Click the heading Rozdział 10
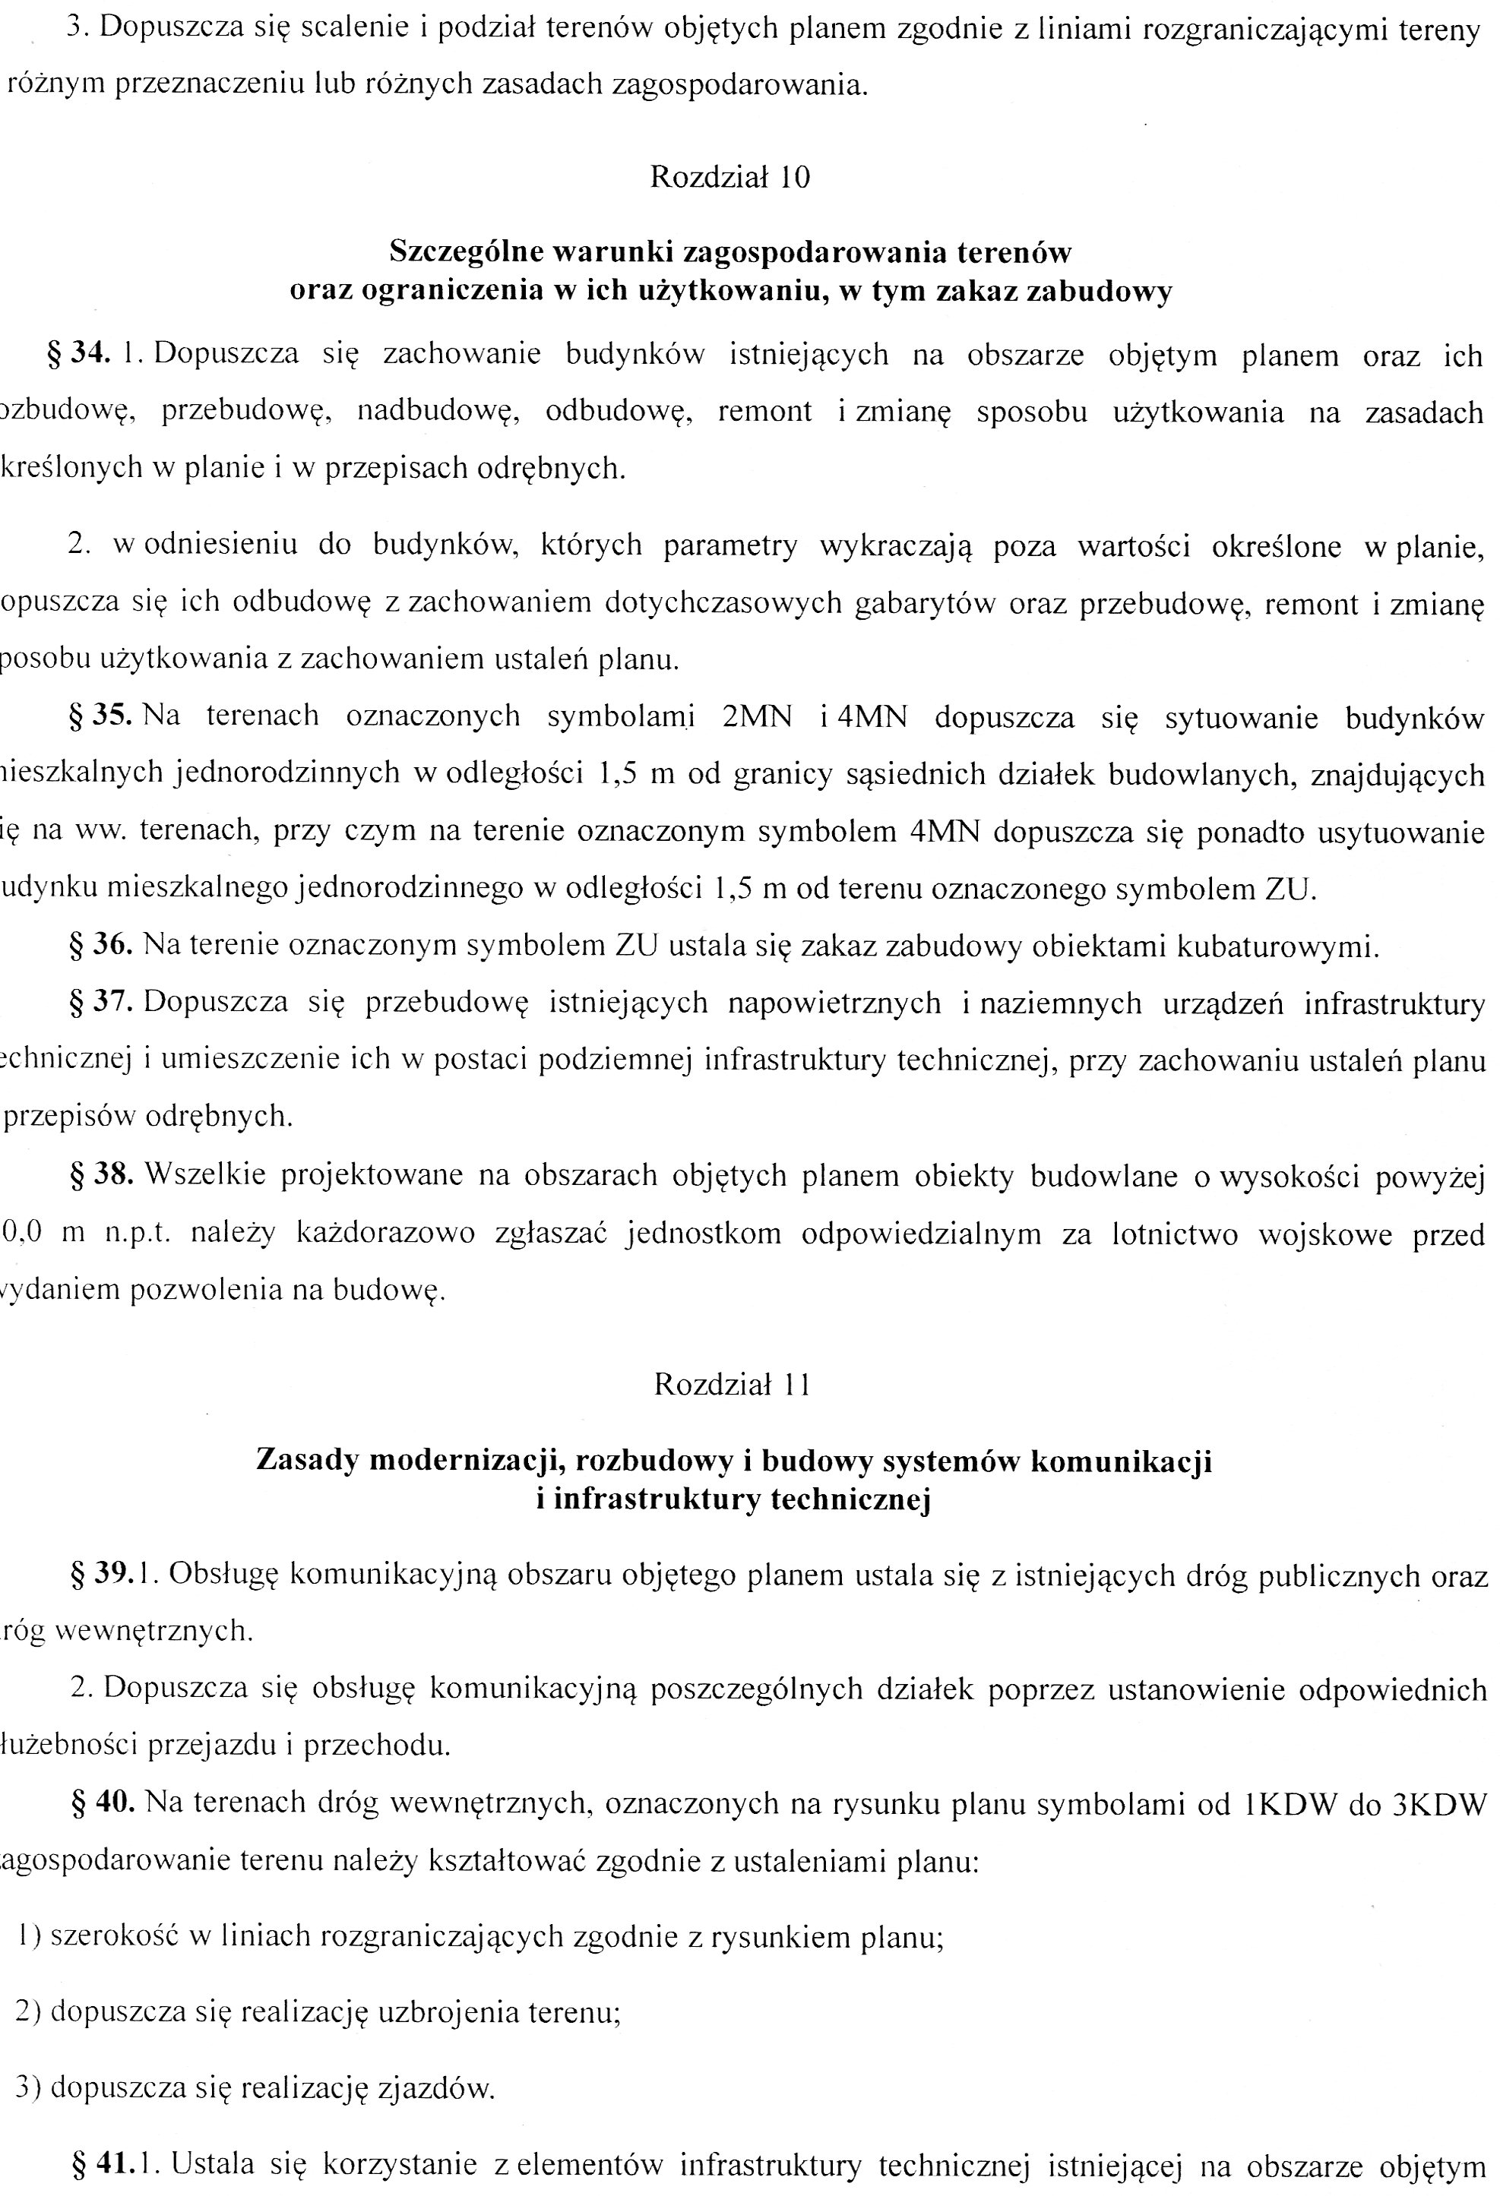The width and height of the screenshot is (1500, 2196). pos(729,178)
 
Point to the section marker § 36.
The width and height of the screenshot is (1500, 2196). pos(100,945)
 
